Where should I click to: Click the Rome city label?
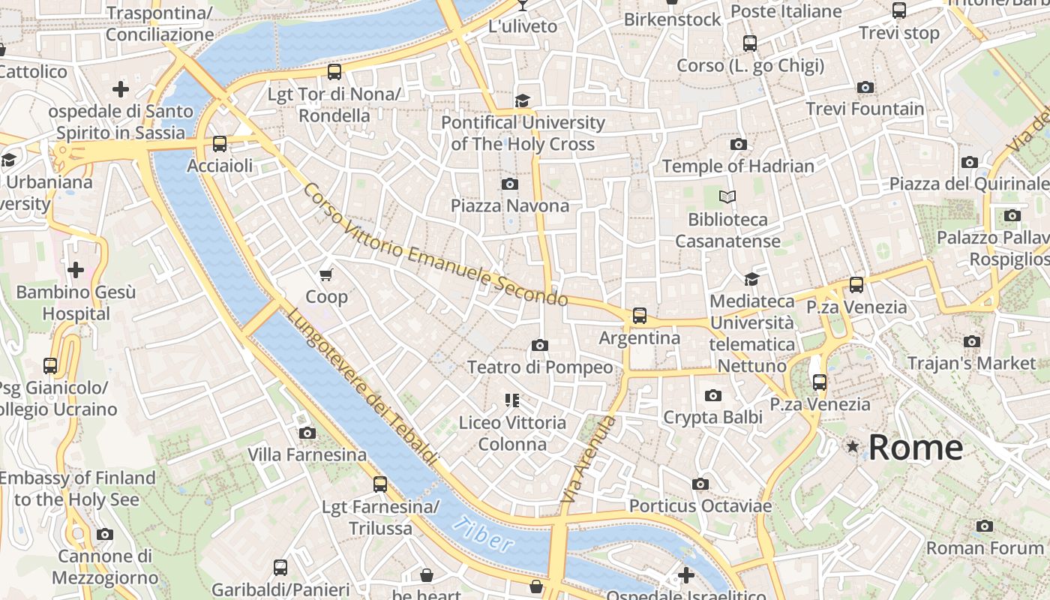[x=915, y=448]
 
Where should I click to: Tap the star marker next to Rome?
[x=853, y=447]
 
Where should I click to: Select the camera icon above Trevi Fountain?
[x=865, y=88]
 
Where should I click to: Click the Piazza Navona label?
[x=509, y=205]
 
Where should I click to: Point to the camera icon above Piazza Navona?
[x=510, y=184]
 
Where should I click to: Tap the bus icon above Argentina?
[x=639, y=316]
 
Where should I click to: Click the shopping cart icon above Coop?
[x=326, y=274]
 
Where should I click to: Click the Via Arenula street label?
[x=589, y=459]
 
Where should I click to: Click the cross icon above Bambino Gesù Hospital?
[x=76, y=270]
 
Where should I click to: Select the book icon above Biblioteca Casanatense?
[x=727, y=197]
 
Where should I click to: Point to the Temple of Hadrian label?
[x=738, y=166]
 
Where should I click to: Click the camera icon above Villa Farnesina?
[x=307, y=433]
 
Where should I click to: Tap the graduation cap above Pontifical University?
[x=522, y=100]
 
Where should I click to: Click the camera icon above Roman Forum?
[x=985, y=526]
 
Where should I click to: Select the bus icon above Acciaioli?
[x=220, y=144]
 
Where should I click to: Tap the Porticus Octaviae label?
[x=700, y=506]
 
